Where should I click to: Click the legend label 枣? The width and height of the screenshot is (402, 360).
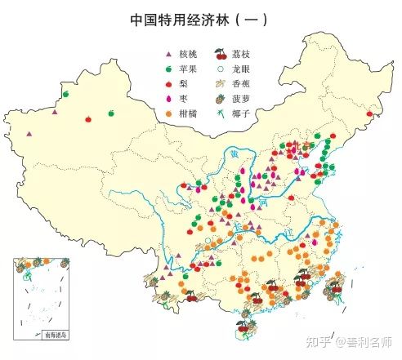(183, 100)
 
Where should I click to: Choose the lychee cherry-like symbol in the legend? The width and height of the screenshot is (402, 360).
(219, 56)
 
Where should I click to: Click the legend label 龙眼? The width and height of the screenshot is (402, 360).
(241, 70)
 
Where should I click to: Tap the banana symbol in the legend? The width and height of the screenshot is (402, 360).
(219, 85)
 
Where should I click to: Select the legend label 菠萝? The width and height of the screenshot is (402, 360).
(241, 100)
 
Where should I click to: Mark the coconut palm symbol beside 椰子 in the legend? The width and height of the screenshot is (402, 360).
(219, 114)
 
